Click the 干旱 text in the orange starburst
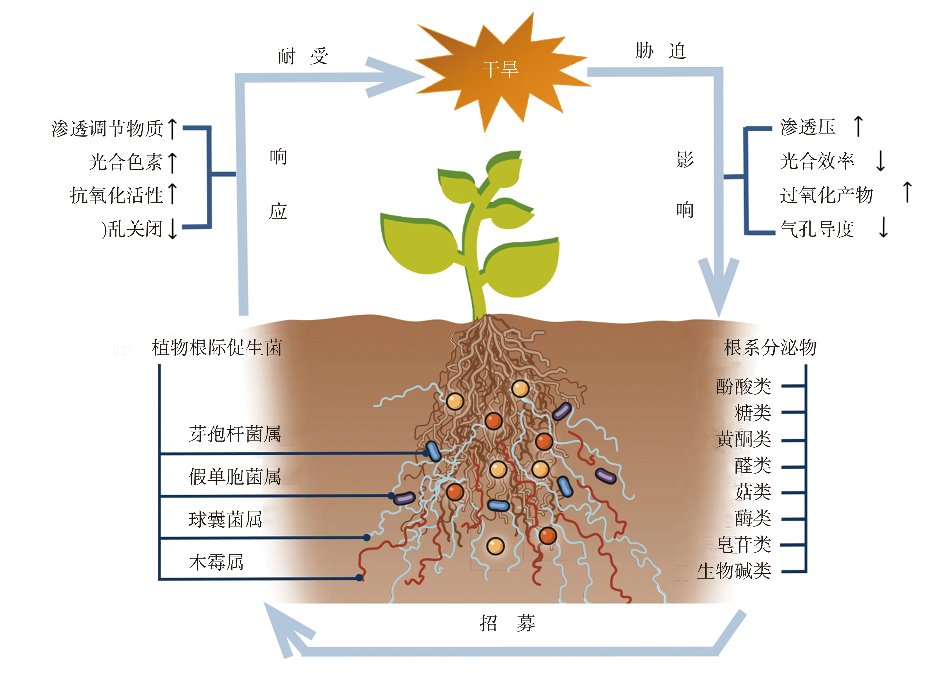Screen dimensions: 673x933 500,69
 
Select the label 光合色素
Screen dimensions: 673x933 126,162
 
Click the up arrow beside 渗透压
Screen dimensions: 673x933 858,126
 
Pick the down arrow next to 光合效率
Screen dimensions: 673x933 880,161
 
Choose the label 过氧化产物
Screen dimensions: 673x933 826,195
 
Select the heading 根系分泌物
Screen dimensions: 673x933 770,348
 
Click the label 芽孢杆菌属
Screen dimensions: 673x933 235,434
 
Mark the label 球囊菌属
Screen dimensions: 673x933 225,519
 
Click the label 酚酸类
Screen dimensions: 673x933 744,387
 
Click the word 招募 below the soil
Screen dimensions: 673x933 507,624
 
